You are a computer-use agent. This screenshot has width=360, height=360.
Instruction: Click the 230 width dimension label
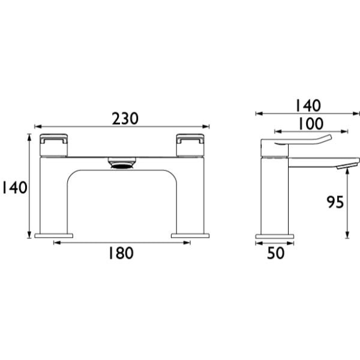pyautogui.click(x=125, y=118)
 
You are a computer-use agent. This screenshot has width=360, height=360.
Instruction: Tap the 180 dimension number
pyautogui.click(x=121, y=253)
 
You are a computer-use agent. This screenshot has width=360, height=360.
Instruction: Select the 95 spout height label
pyautogui.click(x=335, y=202)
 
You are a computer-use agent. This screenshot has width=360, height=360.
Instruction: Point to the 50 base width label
pyautogui.click(x=276, y=253)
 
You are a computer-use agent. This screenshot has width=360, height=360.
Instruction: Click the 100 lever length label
pyautogui.click(x=311, y=124)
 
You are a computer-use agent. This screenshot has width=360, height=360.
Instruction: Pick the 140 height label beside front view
pyautogui.click(x=14, y=187)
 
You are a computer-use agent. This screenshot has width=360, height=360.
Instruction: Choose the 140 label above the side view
pyautogui.click(x=308, y=106)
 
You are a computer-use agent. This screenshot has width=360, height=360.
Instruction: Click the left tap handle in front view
pyautogui.click(x=54, y=145)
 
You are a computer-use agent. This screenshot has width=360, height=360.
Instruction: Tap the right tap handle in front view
pyautogui.click(x=190, y=145)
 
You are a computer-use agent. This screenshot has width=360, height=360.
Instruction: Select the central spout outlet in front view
pyautogui.click(x=122, y=163)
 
